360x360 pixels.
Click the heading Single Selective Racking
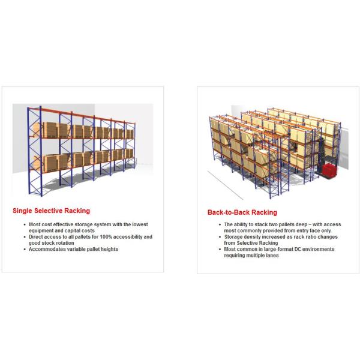pyautogui.click(x=51, y=211)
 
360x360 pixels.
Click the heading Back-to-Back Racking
pyautogui.click(x=242, y=212)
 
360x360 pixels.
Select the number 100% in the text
pyautogui.click(x=106, y=237)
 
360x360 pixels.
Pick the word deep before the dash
pyautogui.click(x=301, y=224)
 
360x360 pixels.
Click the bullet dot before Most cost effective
pyautogui.click(x=25, y=224)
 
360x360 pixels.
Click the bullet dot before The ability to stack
pyautogui.click(x=220, y=224)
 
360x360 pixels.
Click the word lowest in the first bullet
pyautogui.click(x=140, y=224)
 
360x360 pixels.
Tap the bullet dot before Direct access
pyautogui.click(x=25, y=237)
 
